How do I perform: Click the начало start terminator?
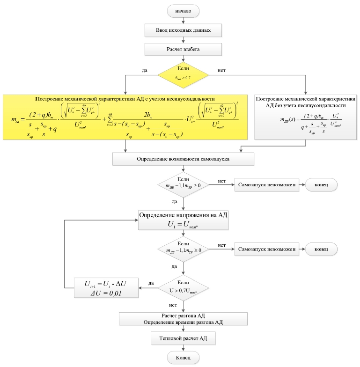pos(183,10)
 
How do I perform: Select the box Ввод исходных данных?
pos(183,30)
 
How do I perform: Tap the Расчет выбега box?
pos(183,50)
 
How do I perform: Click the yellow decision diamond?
pos(183,74)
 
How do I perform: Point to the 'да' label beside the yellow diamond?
pos(145,71)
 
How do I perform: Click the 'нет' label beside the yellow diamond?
pos(222,71)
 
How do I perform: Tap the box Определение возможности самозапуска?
pos(183,160)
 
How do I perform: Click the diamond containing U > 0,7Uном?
pos(183,287)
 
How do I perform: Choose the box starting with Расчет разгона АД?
pos(183,319)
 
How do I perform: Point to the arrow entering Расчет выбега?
pos(183,40)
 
